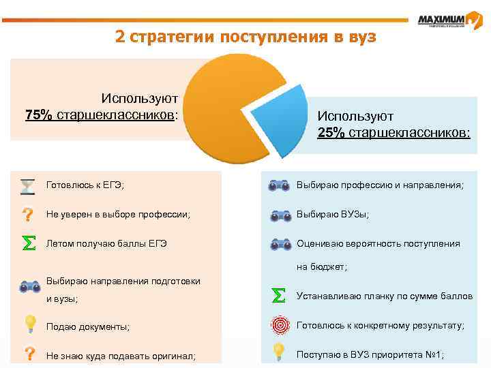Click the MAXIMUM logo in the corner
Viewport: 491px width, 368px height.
[x=450, y=20]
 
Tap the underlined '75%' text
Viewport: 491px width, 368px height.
[x=39, y=114]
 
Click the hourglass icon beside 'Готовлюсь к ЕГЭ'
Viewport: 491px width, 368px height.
[x=28, y=185]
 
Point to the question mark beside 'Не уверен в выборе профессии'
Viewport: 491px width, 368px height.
[x=28, y=215]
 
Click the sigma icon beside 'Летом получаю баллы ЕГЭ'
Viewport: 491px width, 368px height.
[x=28, y=243]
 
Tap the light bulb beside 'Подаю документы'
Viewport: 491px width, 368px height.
[x=30, y=324]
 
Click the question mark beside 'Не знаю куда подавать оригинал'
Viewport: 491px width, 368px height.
[x=29, y=354]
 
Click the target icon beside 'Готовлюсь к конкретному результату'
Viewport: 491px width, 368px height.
[x=279, y=324]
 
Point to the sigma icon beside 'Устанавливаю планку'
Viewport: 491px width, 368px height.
[x=278, y=296]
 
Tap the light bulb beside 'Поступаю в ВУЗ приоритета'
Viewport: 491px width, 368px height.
[x=279, y=353]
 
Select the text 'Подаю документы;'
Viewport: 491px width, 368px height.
[x=87, y=326]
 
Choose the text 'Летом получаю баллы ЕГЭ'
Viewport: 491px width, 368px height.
[x=106, y=244]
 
